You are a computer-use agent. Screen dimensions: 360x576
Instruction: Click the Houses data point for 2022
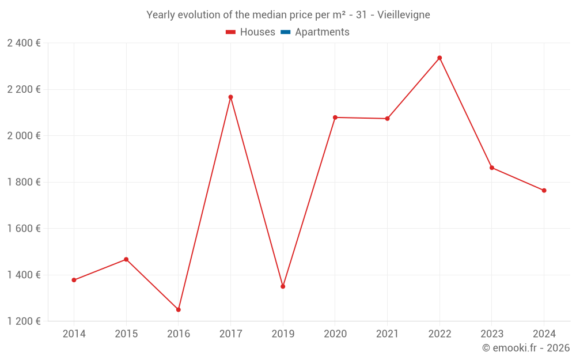click(x=439, y=58)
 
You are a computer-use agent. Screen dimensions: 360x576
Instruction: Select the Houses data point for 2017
click(x=230, y=97)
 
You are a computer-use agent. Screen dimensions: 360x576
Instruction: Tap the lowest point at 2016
click(x=179, y=309)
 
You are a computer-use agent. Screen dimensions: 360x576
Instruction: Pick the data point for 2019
click(x=283, y=286)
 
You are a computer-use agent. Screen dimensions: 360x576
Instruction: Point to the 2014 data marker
click(x=74, y=280)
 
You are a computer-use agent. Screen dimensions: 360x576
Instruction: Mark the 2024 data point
click(x=544, y=191)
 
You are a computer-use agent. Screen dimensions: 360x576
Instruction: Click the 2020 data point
click(x=335, y=118)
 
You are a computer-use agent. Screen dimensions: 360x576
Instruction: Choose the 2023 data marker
click(x=492, y=168)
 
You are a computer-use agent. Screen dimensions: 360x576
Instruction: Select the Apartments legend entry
click(x=322, y=32)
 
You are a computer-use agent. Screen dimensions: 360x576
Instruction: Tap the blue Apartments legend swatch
click(x=286, y=32)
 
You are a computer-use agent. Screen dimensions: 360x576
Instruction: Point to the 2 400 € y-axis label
click(x=24, y=43)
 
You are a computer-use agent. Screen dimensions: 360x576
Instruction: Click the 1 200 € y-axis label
click(x=24, y=321)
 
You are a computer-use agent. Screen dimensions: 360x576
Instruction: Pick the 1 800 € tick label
click(x=24, y=182)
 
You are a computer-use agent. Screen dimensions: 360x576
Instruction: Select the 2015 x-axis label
click(x=126, y=334)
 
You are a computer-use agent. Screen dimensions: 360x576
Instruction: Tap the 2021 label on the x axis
click(x=387, y=334)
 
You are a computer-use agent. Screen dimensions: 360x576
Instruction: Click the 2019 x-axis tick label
click(x=283, y=334)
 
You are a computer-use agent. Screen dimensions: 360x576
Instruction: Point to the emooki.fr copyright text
click(x=525, y=348)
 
